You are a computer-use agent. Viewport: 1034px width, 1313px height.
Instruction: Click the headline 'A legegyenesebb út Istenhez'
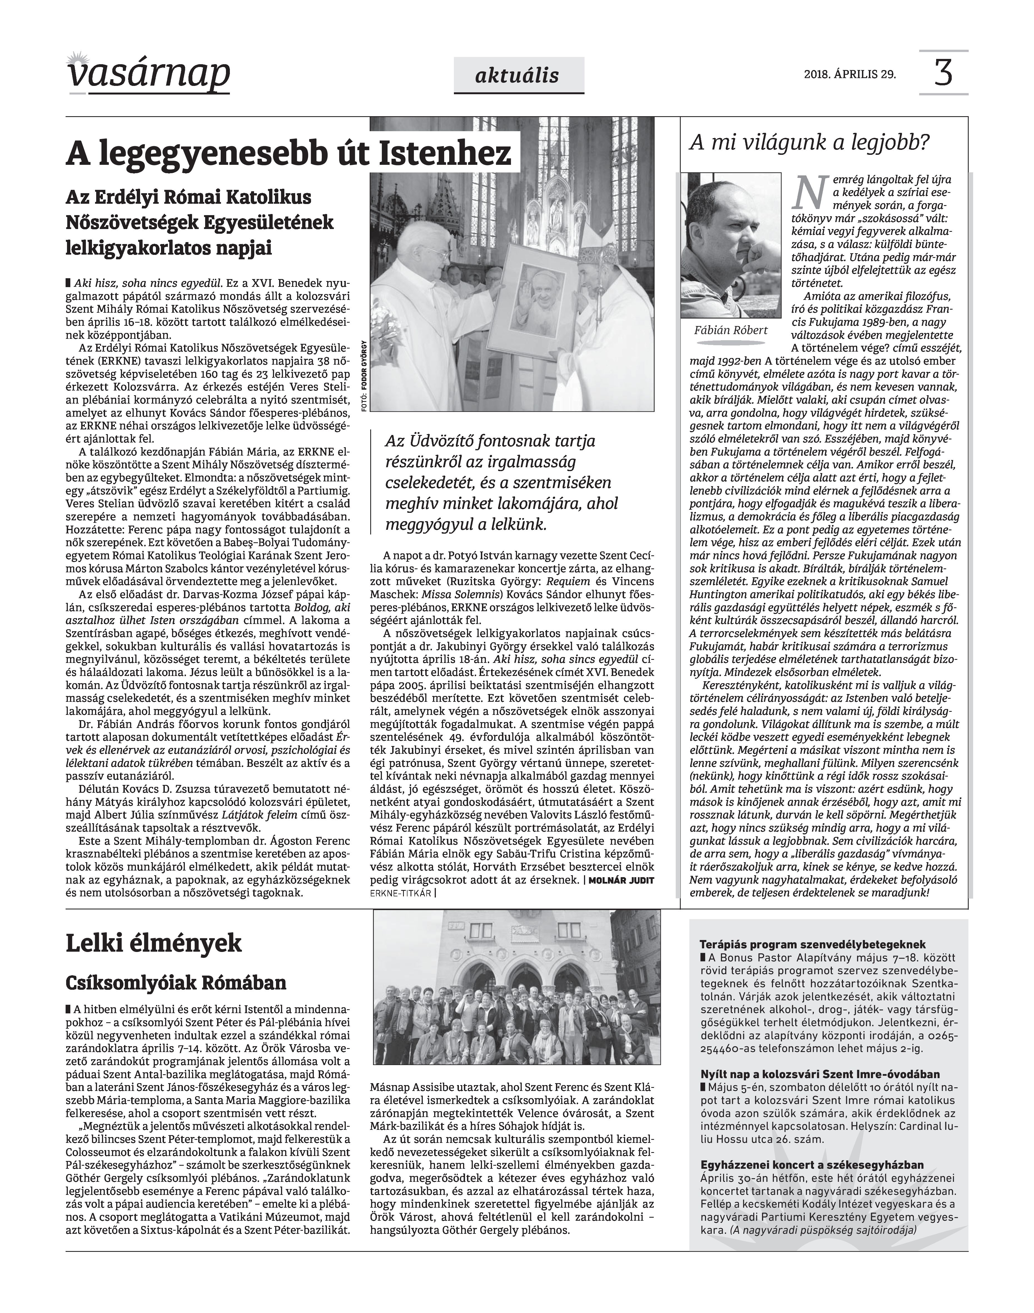point(288,153)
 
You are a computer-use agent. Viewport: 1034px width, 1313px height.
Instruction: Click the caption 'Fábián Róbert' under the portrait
point(731,330)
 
